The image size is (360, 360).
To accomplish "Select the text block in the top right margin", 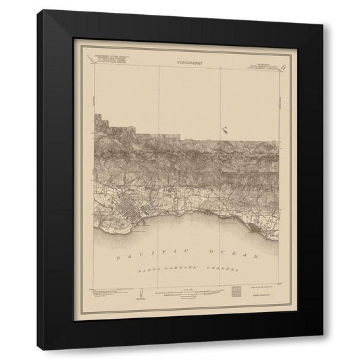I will (x=265, y=64).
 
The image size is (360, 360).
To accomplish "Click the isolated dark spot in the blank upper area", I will (x=224, y=129).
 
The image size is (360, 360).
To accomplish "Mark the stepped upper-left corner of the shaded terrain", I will (x=97, y=116).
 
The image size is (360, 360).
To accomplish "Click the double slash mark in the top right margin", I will (x=285, y=66).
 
